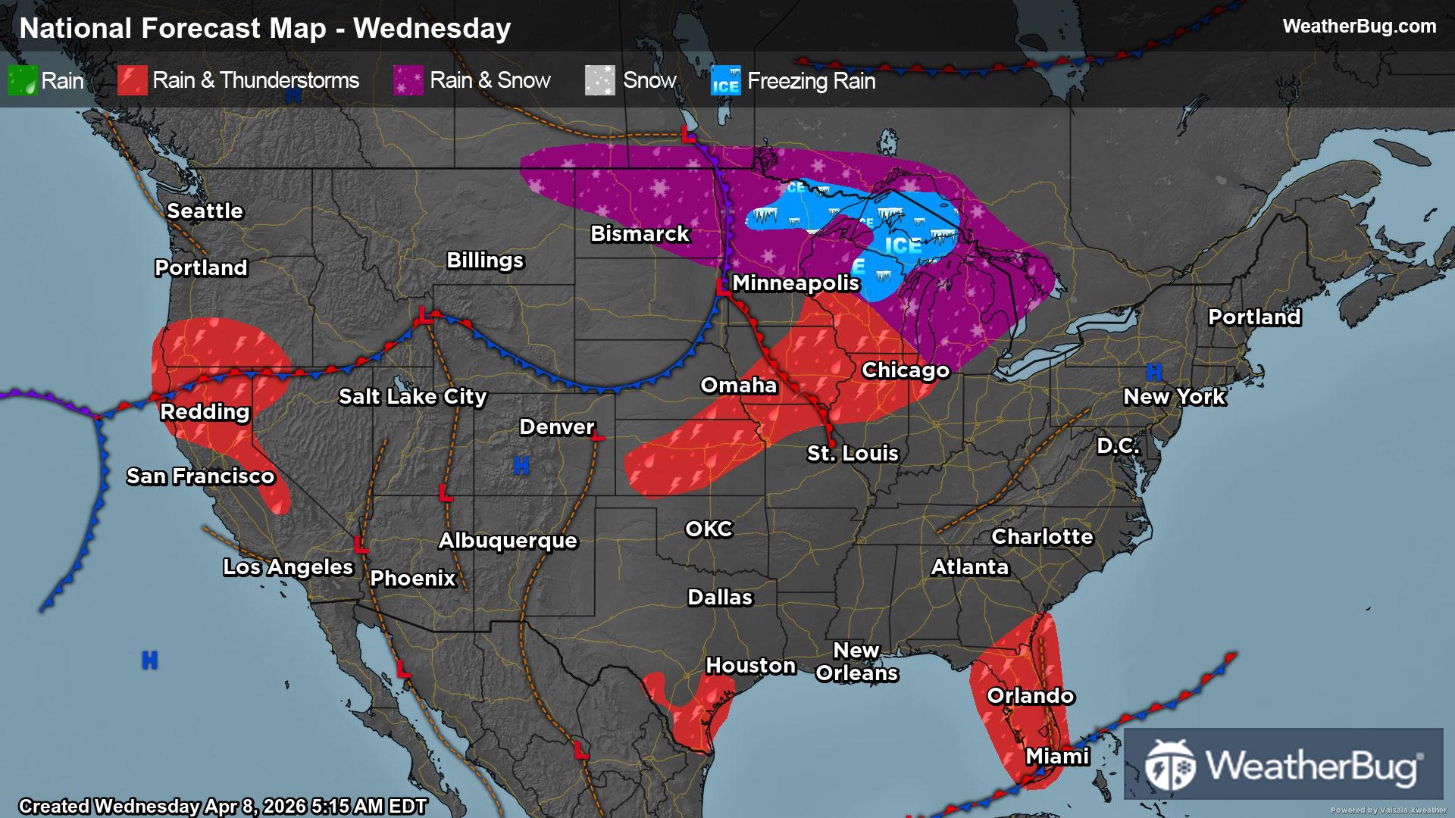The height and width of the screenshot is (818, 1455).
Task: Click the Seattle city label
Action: [205, 211]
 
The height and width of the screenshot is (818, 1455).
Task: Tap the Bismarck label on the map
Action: [640, 233]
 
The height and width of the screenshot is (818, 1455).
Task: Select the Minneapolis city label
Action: [795, 283]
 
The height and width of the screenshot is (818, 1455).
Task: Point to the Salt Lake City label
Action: [412, 396]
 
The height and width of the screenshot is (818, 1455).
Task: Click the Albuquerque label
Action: [508, 540]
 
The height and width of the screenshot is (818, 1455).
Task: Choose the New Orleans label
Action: [856, 661]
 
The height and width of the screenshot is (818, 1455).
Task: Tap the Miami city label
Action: [1057, 756]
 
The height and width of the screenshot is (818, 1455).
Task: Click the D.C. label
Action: [1118, 445]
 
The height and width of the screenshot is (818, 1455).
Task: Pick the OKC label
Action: [709, 529]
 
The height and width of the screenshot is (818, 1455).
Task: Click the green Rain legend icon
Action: [22, 80]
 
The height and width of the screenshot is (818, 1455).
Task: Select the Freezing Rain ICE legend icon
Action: [725, 80]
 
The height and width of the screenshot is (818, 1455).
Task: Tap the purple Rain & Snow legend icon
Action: [408, 80]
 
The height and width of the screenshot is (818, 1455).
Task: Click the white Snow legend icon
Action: [599, 80]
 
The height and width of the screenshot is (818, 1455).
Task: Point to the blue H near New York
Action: [1153, 372]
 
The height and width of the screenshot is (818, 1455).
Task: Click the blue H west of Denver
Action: [521, 466]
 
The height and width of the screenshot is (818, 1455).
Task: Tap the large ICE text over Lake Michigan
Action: [903, 246]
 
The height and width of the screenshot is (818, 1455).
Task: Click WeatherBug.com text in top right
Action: [1359, 27]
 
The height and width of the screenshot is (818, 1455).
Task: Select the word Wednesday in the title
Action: [432, 28]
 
